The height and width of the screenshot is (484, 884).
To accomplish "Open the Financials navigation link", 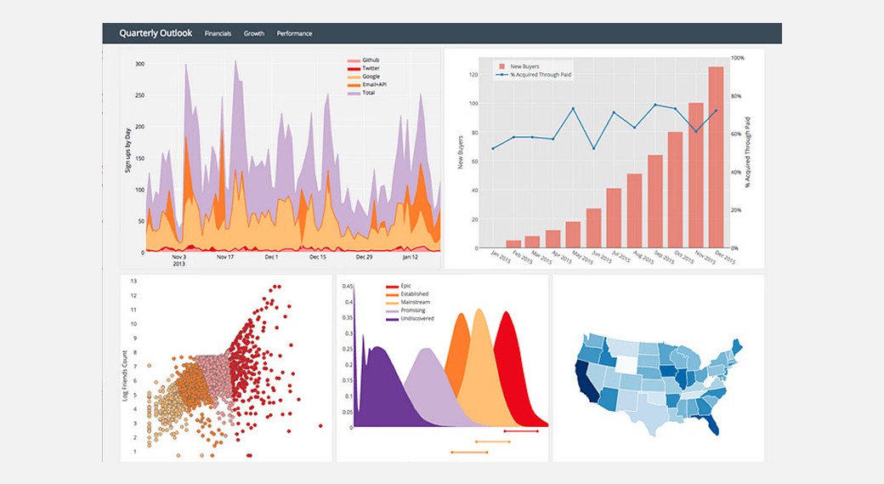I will [x=218, y=34].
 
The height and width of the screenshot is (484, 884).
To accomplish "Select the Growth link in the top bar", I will [x=254, y=34].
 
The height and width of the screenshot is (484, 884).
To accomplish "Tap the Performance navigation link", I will [x=294, y=34].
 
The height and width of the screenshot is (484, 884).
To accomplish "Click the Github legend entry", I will [x=371, y=60].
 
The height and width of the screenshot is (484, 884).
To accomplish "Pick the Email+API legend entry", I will [x=375, y=84].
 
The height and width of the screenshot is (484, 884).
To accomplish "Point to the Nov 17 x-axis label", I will [x=225, y=257].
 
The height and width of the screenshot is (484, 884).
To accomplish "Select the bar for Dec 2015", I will [x=716, y=157].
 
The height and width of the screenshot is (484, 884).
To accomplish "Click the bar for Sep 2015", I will [x=654, y=201].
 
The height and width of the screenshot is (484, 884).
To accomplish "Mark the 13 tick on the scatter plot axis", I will [x=133, y=280].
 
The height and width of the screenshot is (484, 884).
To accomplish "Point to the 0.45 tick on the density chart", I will [x=348, y=287].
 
